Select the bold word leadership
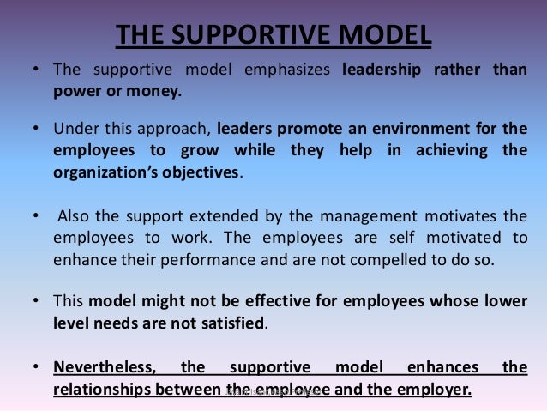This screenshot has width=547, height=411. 380,70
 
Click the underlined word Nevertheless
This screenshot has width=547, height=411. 105,368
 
